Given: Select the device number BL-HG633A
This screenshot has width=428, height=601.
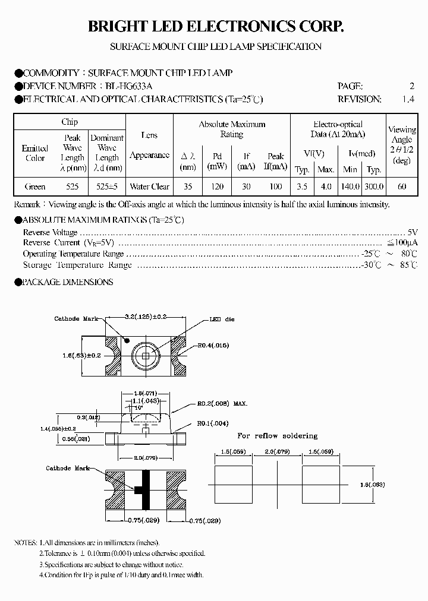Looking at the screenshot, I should pos(127,86).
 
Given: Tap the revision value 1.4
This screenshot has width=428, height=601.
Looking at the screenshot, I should pos(407,100).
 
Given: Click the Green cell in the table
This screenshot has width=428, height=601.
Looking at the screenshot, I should pos(35,186).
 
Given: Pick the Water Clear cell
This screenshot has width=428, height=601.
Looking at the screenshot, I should pos(149,186).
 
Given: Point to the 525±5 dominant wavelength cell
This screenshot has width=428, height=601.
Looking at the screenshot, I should pos(107,186).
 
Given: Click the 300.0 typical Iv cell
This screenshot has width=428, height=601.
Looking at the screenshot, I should pos(374,186).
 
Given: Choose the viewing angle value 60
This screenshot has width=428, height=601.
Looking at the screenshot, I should pos(402,186).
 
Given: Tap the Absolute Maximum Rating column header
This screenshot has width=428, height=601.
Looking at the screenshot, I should pos(232,129).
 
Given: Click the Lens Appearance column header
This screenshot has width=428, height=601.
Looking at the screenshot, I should pos(149,145).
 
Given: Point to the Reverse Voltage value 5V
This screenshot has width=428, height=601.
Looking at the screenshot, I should pos(413,232).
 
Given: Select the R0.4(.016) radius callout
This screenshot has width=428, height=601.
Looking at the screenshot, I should pos(213,345).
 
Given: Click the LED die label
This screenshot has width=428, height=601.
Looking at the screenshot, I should pos(221,320).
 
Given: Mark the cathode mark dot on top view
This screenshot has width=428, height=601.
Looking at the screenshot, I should pos(127,340).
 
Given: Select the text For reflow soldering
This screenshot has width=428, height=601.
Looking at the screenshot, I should pos(278,436).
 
